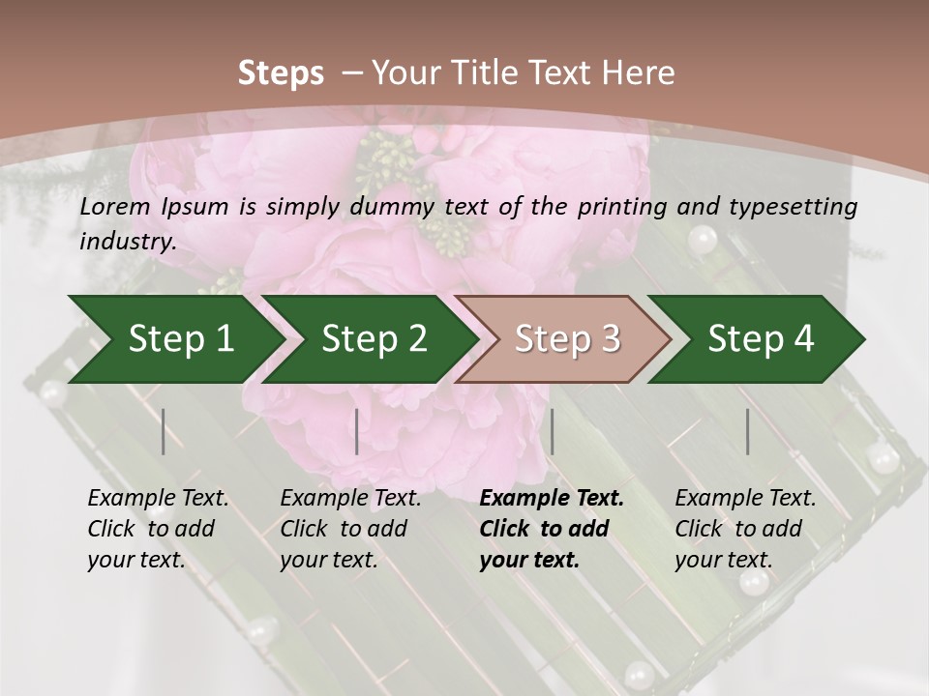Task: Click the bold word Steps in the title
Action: tap(281, 73)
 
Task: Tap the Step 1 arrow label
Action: tap(181, 338)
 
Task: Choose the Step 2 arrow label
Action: tap(375, 338)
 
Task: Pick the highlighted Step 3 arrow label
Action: tap(567, 338)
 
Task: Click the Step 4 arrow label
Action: tap(761, 338)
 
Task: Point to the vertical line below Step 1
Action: tap(164, 431)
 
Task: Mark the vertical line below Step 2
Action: tap(357, 431)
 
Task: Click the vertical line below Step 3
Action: tap(552, 431)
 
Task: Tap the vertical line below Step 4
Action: tap(747, 431)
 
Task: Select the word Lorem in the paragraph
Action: tap(115, 207)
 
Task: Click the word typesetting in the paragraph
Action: tap(798, 207)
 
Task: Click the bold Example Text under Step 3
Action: tap(552, 499)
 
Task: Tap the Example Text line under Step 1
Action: tap(158, 499)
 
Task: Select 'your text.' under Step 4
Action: tap(724, 560)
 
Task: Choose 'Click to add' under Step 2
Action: tap(344, 529)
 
